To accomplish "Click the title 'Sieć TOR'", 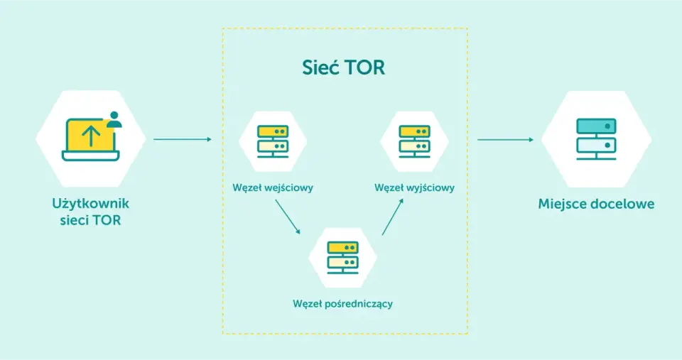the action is [344, 67].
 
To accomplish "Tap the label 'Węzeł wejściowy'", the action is [273, 188].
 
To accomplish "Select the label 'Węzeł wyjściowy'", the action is [414, 188].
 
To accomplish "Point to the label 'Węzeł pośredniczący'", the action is [342, 303].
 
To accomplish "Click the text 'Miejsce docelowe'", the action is [596, 204].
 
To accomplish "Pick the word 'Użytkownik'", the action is [90, 204].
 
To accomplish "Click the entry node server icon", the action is [273, 141].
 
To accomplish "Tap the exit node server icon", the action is [414, 141].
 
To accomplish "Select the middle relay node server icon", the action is [342, 257].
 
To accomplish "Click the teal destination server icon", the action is [596, 139].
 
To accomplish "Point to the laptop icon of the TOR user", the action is [90, 139].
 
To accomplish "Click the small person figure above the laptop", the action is [114, 119].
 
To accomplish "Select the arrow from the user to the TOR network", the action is [183, 139].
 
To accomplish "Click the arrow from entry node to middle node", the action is [288, 217].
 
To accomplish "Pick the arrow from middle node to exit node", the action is [393, 217].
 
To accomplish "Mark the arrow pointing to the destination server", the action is [505, 140].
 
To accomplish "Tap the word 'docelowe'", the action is [625, 204].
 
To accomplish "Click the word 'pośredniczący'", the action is [359, 304].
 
